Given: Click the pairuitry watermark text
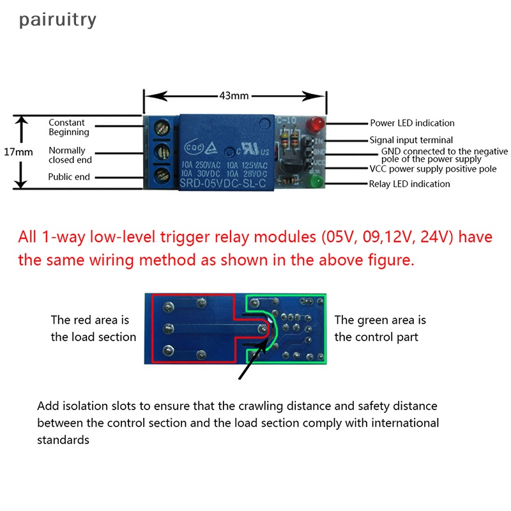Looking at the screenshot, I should click(57, 20).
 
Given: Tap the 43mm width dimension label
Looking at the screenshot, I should click(233, 96).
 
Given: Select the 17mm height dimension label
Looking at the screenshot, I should click(18, 152).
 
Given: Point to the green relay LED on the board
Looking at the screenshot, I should click(315, 183).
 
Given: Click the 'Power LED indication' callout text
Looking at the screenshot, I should click(412, 123).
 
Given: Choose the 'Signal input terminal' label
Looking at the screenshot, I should click(411, 140).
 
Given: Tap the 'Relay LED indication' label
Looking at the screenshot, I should click(409, 184).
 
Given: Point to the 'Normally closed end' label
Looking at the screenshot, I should click(70, 155).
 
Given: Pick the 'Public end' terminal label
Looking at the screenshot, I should click(69, 177).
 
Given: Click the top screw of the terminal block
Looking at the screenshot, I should click(162, 129).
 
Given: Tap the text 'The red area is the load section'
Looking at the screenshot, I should click(93, 328).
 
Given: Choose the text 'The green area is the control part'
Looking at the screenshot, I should click(380, 328).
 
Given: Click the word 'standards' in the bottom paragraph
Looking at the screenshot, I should click(63, 440).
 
